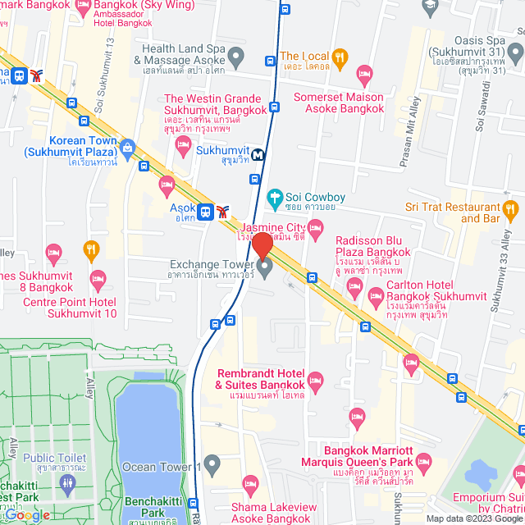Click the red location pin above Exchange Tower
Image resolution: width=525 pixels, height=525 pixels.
[x=262, y=246]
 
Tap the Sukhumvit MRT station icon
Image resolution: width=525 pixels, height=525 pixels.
[x=258, y=153]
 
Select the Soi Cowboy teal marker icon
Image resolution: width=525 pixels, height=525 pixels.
[x=275, y=198]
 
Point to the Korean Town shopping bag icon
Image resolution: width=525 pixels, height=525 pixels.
[x=127, y=148]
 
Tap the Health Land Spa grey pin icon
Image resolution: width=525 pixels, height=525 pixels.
[x=236, y=57]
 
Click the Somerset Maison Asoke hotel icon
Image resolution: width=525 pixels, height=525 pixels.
[x=366, y=78]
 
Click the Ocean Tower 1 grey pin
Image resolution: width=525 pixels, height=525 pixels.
[x=212, y=466]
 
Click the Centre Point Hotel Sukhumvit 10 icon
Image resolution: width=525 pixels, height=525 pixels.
[x=98, y=280]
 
